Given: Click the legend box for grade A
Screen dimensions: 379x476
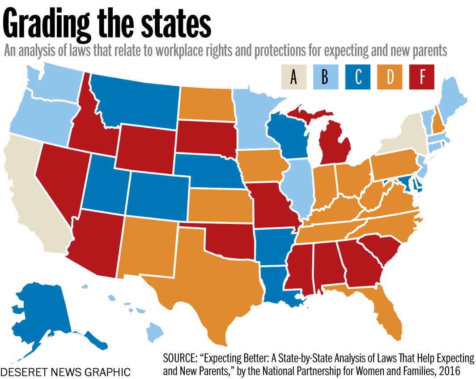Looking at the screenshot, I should [293, 77].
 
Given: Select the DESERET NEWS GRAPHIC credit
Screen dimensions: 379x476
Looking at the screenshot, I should [66, 371].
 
